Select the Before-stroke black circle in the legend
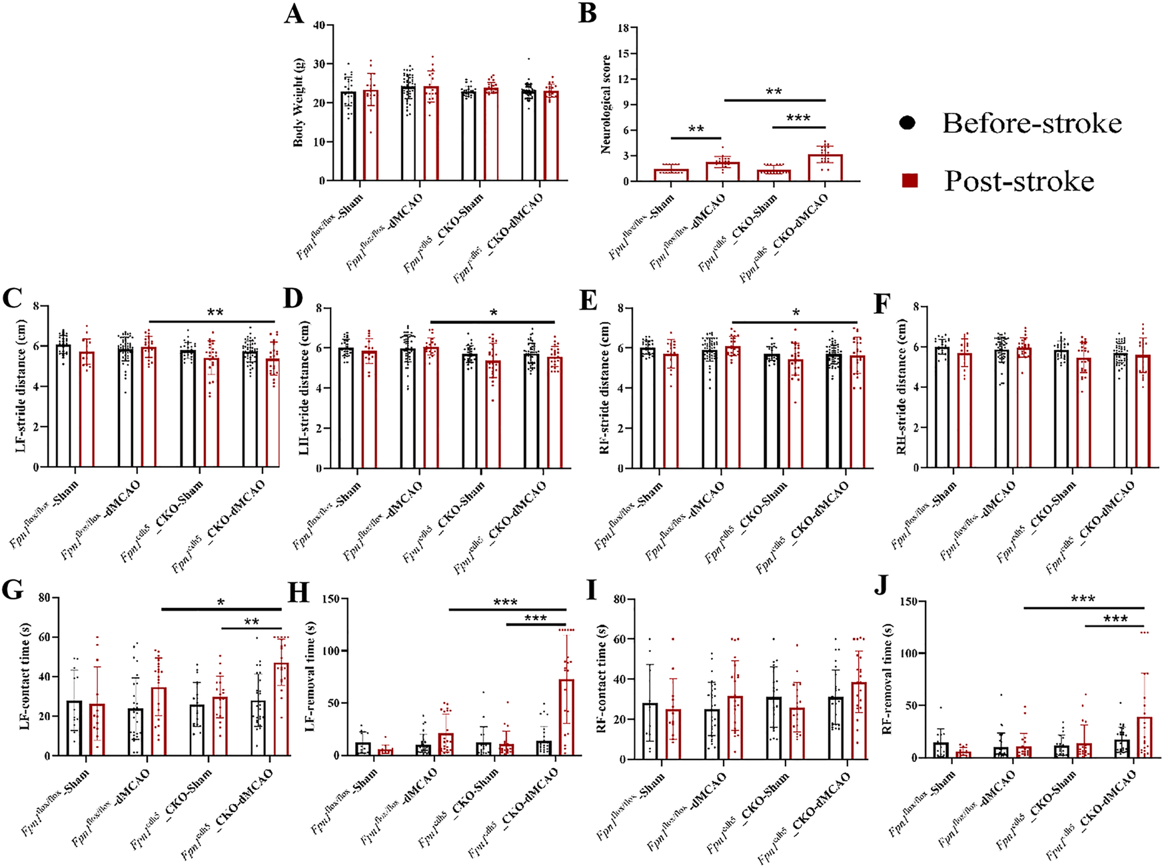tap(907, 123)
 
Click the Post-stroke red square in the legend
tap(909, 180)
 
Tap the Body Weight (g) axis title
tap(299, 101)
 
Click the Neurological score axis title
tap(606, 105)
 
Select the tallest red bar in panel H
tap(566, 717)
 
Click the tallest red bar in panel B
tap(825, 167)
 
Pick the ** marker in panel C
tap(215, 313)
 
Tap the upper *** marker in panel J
tap(1083, 599)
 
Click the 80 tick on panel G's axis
tap(45, 597)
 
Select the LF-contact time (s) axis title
tap(25, 676)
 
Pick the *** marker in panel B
tap(798, 119)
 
